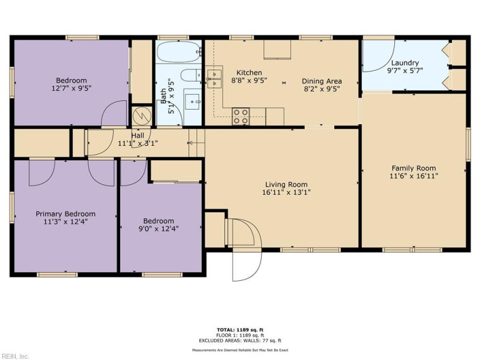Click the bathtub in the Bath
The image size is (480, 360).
click(x=179, y=52)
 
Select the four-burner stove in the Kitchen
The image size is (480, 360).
click(x=241, y=115)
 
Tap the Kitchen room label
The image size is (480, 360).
click(x=248, y=73)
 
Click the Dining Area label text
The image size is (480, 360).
click(x=322, y=81)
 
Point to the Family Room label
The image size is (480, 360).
click(x=413, y=168)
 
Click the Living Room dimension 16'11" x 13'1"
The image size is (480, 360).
click(x=286, y=193)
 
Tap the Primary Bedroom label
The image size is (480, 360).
click(x=65, y=214)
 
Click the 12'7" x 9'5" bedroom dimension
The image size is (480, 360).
click(x=71, y=88)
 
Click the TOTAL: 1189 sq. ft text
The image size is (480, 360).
click(x=240, y=329)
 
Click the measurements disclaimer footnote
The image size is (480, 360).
click(x=240, y=349)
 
